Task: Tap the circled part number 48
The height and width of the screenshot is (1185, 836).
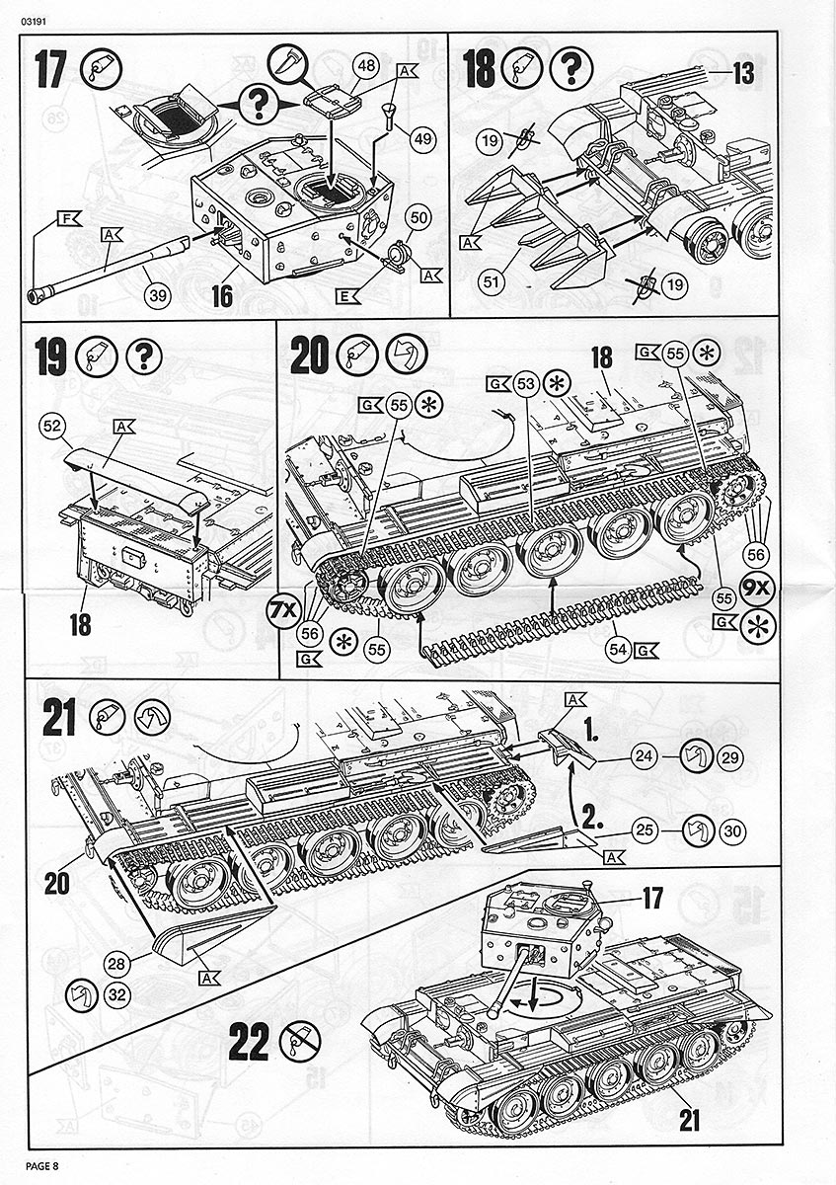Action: coord(366,66)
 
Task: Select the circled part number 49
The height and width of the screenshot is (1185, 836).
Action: coord(423,139)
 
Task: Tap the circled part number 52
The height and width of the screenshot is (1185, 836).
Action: coord(52,426)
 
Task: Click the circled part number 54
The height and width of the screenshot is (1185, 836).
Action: coord(618,651)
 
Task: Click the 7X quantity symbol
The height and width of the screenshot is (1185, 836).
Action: coord(281,611)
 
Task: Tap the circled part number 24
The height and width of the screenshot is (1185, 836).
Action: coord(645,758)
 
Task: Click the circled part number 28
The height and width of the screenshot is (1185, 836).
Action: coord(117,964)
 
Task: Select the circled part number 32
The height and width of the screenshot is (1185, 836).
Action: coord(117,994)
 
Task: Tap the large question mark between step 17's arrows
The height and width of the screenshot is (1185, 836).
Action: coord(259,101)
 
